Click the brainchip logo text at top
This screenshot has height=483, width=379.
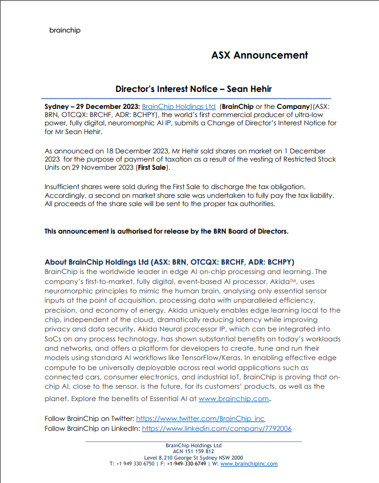click(65, 30)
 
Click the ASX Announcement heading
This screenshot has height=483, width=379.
click(259, 55)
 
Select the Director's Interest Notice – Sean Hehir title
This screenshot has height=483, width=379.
click(193, 89)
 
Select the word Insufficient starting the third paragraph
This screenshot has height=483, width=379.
click(64, 186)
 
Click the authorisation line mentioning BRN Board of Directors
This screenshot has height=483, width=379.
click(167, 231)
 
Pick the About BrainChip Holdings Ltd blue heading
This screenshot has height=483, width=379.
click(170, 262)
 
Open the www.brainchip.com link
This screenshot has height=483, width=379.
click(234, 399)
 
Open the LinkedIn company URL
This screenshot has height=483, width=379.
click(216, 429)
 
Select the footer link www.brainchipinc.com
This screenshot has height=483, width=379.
click(249, 464)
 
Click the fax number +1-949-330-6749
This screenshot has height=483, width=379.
click(186, 464)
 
